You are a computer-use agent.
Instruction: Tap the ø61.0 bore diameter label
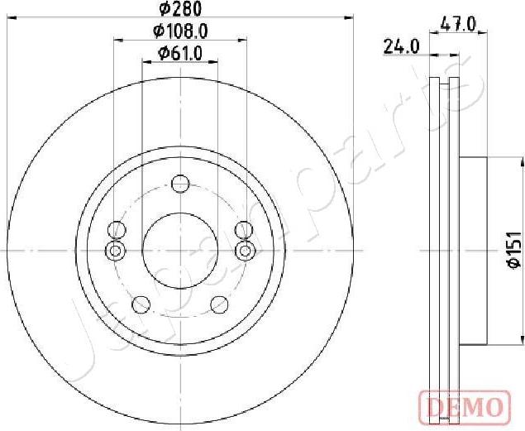[179, 54]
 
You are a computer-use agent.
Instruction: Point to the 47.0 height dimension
[460, 25]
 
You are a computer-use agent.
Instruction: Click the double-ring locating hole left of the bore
[116, 250]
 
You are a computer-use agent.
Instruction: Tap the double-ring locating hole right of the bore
[244, 250]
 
